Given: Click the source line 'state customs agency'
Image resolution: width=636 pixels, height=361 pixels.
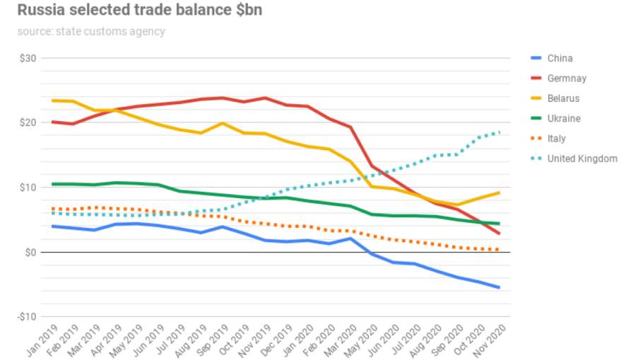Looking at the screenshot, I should (91, 31).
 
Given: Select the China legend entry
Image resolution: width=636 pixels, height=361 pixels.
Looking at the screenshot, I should (560, 58).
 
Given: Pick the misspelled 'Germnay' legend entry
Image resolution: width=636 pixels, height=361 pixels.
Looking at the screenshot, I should (567, 79).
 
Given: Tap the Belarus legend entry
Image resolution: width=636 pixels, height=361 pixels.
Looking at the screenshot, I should (563, 98).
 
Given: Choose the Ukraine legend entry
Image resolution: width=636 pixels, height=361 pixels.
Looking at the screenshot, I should (564, 118).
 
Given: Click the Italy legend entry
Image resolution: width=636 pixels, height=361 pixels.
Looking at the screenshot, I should (556, 139).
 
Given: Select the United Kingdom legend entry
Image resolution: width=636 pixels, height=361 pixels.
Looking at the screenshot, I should (582, 159).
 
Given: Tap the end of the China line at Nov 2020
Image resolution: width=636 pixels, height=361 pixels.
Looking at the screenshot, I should (500, 287).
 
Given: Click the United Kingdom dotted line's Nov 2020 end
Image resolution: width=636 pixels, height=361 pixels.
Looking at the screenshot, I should (500, 132).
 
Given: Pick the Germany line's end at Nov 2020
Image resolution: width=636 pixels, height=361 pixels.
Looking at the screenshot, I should (500, 234).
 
